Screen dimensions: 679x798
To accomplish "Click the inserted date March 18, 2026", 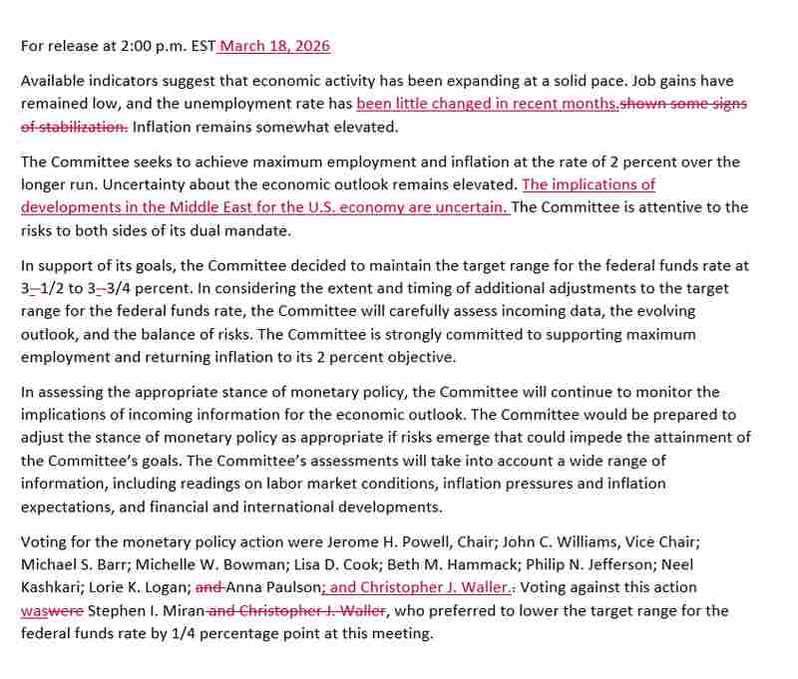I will (x=275, y=46).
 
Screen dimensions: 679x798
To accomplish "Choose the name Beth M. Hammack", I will (x=420, y=564).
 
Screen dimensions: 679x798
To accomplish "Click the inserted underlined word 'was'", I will (x=33, y=610).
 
